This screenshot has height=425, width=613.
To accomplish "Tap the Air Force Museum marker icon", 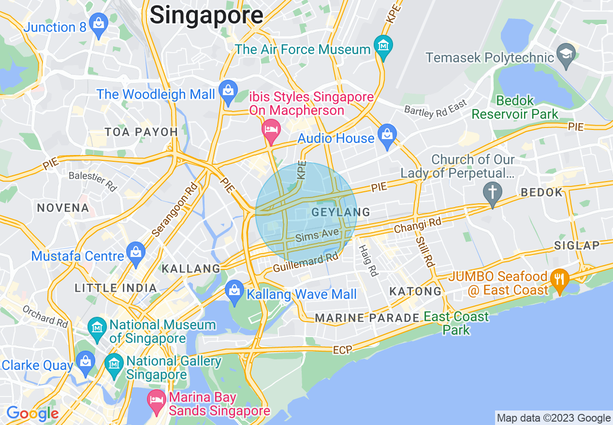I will click(383, 45).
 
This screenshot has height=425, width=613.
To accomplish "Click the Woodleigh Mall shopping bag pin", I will click(227, 90).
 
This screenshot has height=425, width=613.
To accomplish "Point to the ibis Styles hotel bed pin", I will click(271, 130).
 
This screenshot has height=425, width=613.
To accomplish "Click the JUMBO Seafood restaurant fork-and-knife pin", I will click(559, 279).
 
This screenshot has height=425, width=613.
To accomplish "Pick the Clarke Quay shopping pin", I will click(86, 362).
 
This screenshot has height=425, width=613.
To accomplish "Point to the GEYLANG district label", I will click(341, 212).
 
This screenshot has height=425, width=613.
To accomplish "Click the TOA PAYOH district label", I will click(142, 132).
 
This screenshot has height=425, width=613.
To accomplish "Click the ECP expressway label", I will click(342, 349).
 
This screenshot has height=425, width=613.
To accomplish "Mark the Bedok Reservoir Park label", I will click(515, 108).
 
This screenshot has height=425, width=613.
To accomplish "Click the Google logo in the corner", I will click(32, 413).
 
